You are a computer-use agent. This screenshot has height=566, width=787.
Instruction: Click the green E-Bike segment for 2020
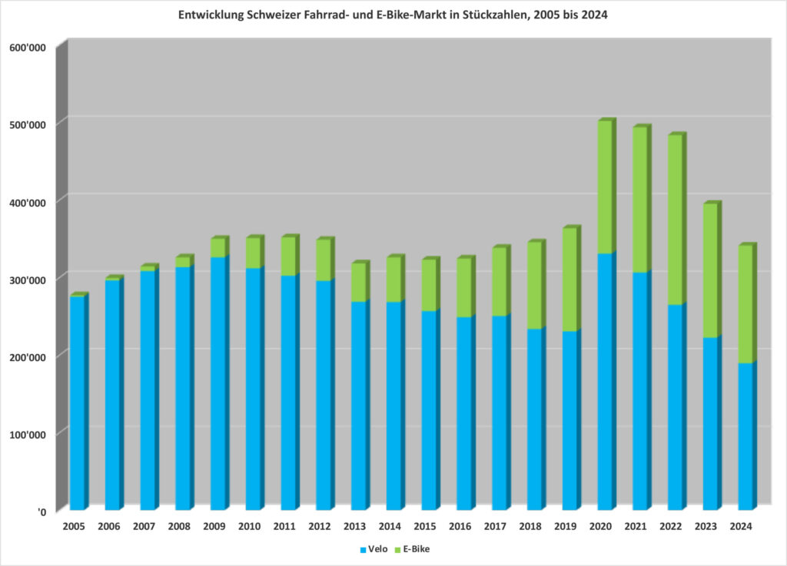pyautogui.click(x=605, y=187)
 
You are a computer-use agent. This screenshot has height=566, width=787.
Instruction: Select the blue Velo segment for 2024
pyautogui.click(x=745, y=436)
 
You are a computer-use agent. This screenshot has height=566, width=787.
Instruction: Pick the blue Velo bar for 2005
pyautogui.click(x=78, y=402)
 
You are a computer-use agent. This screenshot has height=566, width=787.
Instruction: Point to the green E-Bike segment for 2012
pyautogui.click(x=323, y=260)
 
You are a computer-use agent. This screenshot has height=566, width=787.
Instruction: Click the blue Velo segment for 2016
pyautogui.click(x=464, y=413)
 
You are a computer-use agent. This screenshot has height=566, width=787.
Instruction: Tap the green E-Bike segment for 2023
pyautogui.click(x=710, y=270)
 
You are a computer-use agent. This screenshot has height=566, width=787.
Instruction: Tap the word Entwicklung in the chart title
pyautogui.click(x=207, y=15)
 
